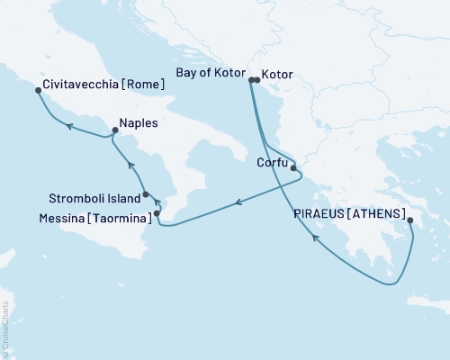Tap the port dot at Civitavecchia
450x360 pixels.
tap(37, 91)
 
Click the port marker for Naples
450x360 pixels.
tap(114, 132)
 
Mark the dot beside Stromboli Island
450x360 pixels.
tap(146, 193)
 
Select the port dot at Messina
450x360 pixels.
tap(157, 213)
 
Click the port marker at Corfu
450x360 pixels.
tap(293, 167)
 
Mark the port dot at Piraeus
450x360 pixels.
tap(409, 220)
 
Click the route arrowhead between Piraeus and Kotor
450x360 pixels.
tap(315, 238)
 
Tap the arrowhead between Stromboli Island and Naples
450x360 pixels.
tap(130, 165)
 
